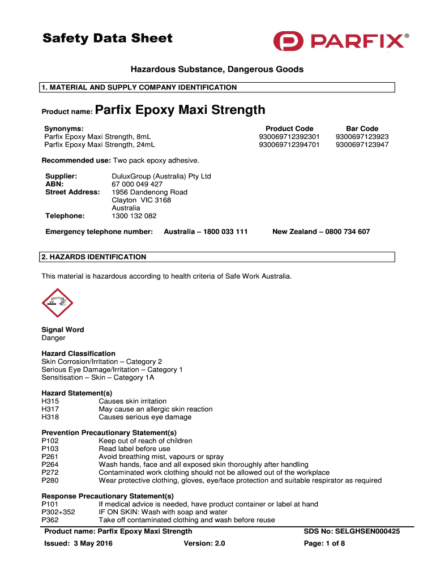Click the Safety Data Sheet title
108,39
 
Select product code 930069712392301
289,137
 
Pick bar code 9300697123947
362,144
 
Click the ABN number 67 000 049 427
137,184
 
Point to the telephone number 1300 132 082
134,216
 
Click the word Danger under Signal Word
54,338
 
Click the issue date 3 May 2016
92,544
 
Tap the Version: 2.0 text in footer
204,544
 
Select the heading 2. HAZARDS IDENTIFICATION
94,257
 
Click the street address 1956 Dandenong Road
149,192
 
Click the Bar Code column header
362,129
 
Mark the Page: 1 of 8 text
324,544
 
